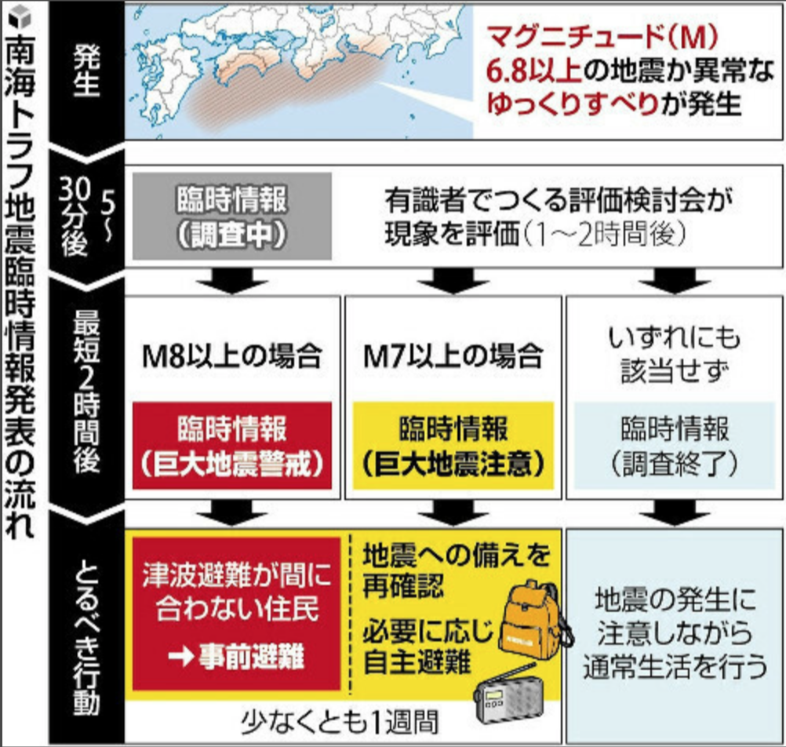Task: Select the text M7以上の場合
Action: click(x=453, y=357)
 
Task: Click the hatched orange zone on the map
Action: click(x=259, y=94)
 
